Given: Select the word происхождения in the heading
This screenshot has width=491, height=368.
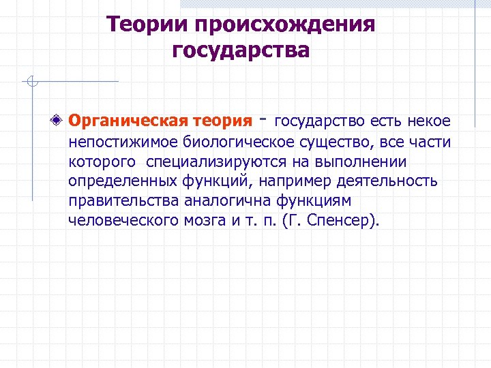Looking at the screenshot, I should (285, 25).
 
